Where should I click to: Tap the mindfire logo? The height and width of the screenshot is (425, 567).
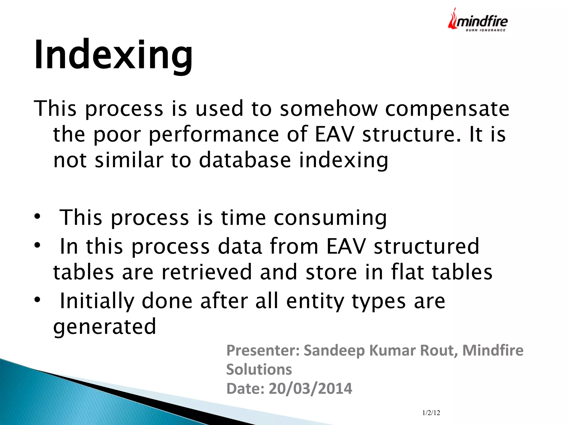(478, 21)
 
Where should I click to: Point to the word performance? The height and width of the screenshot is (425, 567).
(214, 135)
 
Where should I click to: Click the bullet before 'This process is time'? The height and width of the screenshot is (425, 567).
(37, 216)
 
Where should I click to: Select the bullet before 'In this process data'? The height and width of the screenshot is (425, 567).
(37, 245)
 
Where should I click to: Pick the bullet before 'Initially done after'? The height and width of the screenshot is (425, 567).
(37, 299)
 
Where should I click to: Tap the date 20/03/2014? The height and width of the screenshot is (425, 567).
(310, 388)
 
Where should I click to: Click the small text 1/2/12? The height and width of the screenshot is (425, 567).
(431, 413)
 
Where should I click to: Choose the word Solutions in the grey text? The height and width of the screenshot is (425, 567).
(259, 369)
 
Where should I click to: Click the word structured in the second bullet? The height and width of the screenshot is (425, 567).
(426, 246)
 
